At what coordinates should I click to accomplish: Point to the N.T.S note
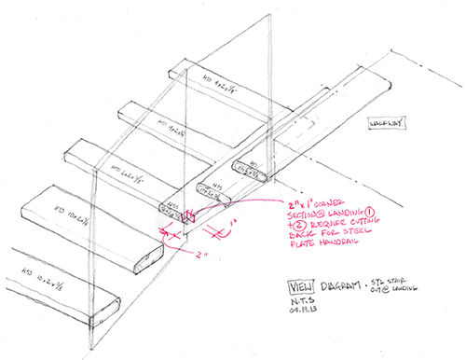[x=305, y=300]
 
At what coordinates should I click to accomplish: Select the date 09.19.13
[x=308, y=313]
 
